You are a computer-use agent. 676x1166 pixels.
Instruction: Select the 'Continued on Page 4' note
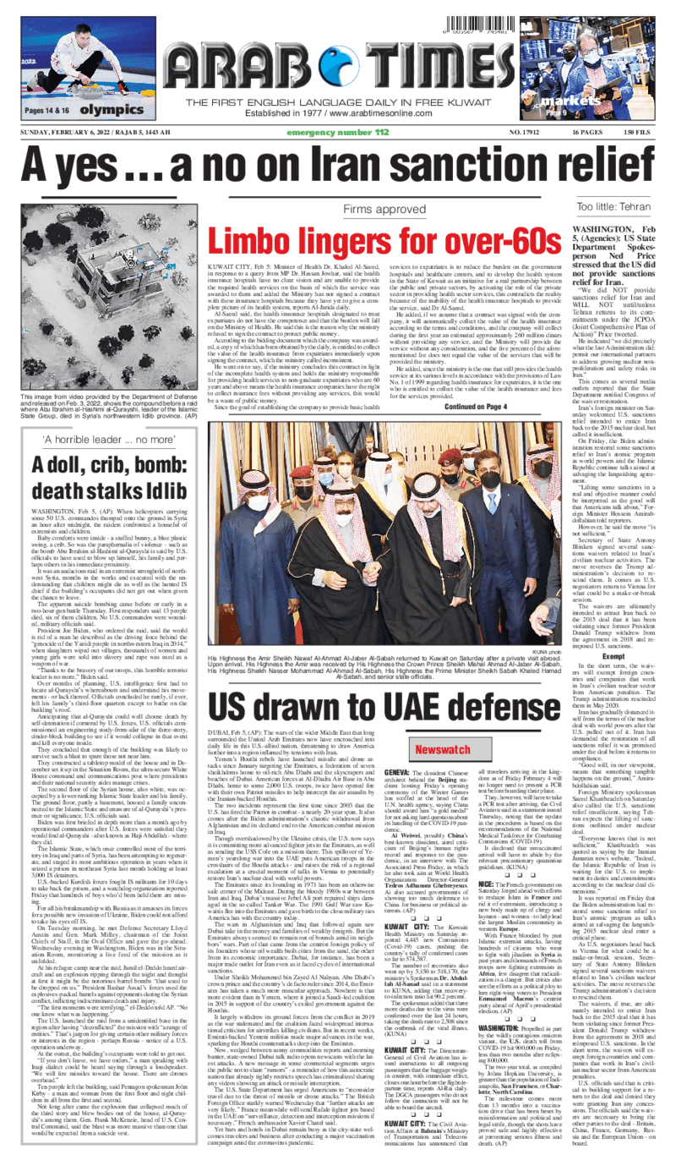476,406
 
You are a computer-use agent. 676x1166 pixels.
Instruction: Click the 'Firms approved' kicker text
383,208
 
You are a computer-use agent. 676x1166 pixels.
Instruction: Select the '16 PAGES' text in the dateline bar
587,133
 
